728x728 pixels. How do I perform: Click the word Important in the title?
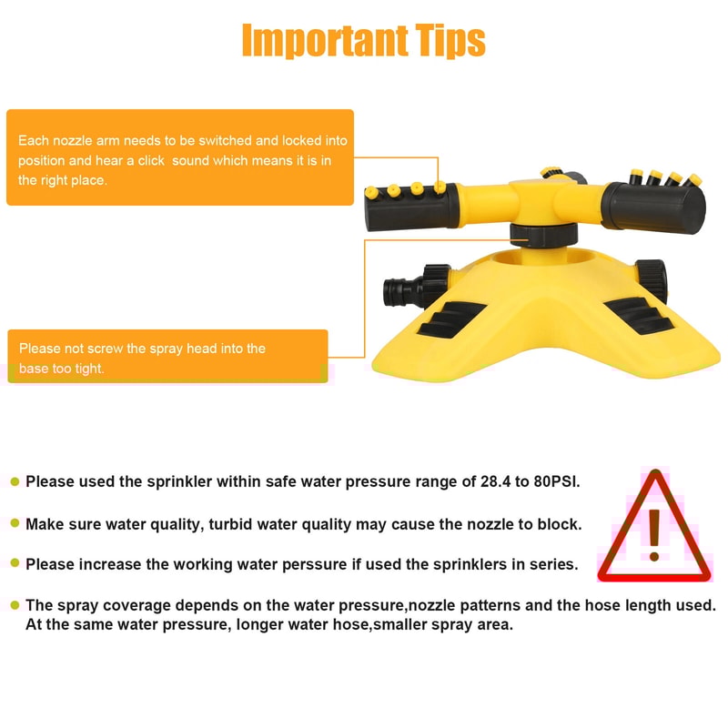[x=325, y=40]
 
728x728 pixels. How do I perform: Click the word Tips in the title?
[x=450, y=40]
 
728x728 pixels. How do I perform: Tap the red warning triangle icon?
[x=654, y=526]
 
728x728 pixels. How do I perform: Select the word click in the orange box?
[x=151, y=161]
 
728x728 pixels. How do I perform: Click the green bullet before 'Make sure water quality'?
[x=15, y=524]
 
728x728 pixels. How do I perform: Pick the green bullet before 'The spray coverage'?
[x=15, y=605]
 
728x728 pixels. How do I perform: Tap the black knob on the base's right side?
[x=652, y=280]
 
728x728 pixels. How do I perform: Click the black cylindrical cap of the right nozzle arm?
[x=654, y=207]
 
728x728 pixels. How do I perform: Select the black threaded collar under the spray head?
[x=543, y=235]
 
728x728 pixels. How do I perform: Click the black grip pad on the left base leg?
[x=450, y=319]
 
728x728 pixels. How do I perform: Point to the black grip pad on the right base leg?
[x=639, y=317]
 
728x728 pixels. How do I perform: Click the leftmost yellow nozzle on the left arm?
[x=371, y=192]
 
